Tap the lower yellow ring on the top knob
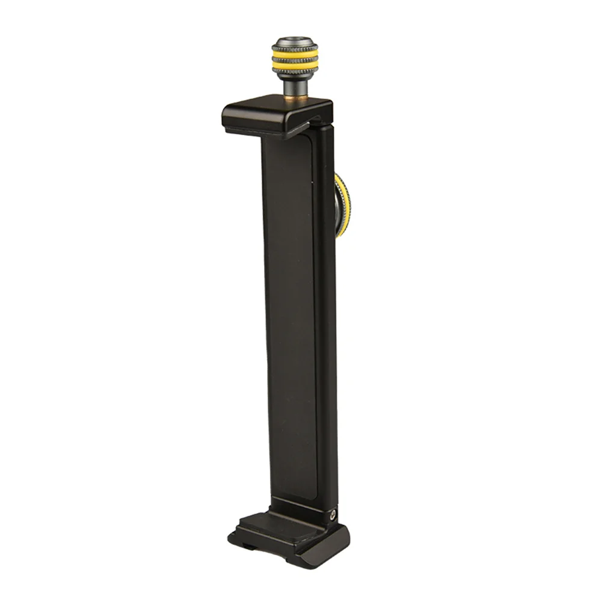point(294,63)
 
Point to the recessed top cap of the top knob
point(294,42)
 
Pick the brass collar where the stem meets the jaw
point(294,94)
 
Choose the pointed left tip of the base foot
point(230,536)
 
